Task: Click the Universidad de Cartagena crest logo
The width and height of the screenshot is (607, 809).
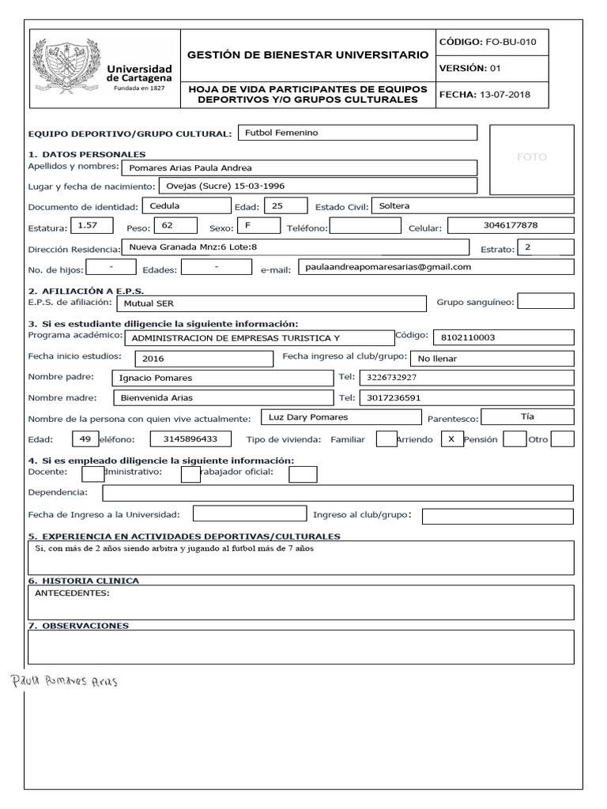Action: point(67,69)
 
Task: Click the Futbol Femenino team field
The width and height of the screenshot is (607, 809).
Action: point(356,133)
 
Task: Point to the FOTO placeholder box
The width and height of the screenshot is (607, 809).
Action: point(531,157)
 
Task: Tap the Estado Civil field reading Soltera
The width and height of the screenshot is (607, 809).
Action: point(471,205)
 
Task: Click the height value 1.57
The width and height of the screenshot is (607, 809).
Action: point(89,226)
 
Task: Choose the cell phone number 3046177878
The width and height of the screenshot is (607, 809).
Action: point(510,226)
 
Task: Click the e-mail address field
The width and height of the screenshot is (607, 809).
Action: point(435,267)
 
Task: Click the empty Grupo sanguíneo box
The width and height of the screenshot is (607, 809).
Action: point(545,301)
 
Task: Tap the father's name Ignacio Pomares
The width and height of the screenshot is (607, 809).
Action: point(221,378)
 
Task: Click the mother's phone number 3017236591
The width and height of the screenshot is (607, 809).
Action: point(466,397)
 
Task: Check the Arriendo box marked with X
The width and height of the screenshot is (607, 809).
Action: point(451,438)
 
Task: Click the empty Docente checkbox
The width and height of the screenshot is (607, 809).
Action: point(92,473)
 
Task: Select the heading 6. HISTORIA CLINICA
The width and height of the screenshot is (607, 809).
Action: point(84,581)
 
